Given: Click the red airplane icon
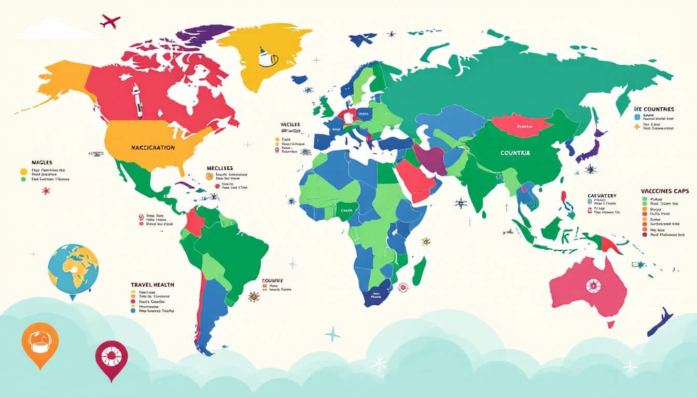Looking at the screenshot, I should tap(110, 21).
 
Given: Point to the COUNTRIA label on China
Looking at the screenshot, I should tap(515, 153).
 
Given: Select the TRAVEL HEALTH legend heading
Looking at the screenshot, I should tap(152, 285).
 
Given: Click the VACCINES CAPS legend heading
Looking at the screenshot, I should tap(664, 191).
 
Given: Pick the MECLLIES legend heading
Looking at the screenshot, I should tap(219, 168).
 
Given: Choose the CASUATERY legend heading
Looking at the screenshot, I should tap(602, 195).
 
